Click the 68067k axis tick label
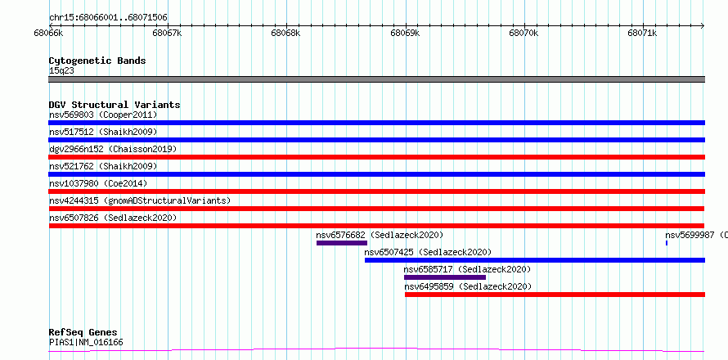tap(168, 33)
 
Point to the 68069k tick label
tap(406, 33)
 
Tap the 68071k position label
tap(644, 33)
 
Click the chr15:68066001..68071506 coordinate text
tap(108, 18)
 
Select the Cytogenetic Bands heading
tap(97, 61)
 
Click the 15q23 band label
tap(61, 71)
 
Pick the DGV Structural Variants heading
tap(115, 105)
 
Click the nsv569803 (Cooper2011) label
tap(103, 115)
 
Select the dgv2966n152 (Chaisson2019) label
tap(113, 149)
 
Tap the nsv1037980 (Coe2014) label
tap(98, 183)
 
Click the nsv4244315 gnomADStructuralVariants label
tap(140, 200)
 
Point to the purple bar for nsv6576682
tap(342, 243)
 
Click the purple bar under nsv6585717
tap(445, 277)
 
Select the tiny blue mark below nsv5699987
tap(667, 243)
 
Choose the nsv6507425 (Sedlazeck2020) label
tap(428, 252)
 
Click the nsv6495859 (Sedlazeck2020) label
tap(468, 286)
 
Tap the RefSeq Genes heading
tap(83, 333)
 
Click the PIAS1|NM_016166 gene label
tap(86, 343)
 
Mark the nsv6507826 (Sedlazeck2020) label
tap(113, 218)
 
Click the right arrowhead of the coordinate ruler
tap(703, 25)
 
